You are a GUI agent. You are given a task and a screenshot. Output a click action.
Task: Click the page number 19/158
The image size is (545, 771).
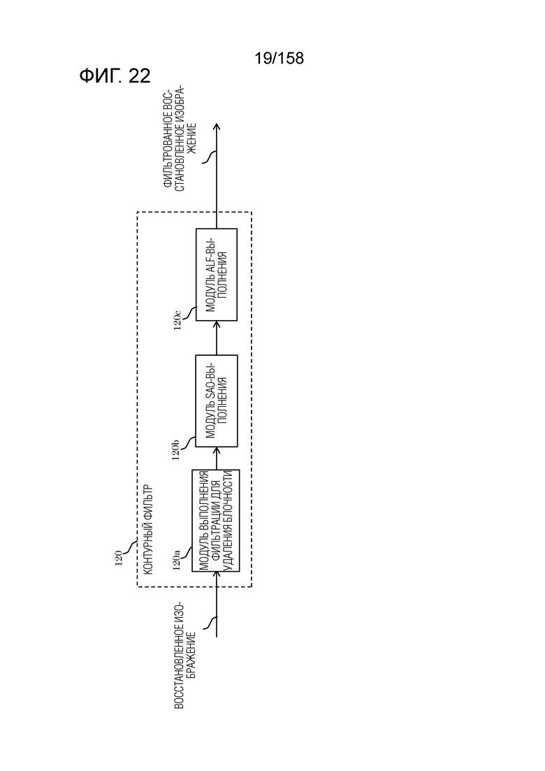click(x=279, y=59)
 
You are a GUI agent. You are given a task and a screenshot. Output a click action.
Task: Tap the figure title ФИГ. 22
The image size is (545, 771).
click(x=115, y=76)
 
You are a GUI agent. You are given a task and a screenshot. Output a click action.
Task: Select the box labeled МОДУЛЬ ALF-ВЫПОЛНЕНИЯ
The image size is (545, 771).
click(x=216, y=275)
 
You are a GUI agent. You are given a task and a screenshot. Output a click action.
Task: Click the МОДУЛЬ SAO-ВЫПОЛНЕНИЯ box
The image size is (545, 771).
click(x=216, y=401)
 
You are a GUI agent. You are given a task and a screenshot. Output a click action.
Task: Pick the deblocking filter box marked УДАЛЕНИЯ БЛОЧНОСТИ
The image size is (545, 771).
click(x=216, y=521)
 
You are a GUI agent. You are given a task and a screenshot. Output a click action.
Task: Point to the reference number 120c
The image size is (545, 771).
click(x=178, y=319)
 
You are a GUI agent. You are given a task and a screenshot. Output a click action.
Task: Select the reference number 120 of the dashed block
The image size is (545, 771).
click(x=119, y=559)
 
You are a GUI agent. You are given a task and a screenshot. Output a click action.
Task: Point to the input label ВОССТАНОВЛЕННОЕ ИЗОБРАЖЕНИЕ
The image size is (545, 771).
click(x=185, y=655)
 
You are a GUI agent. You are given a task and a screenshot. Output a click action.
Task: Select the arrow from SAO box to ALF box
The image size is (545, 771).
click(x=216, y=338)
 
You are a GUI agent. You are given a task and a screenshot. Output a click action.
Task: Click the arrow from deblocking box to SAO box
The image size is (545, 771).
click(x=216, y=459)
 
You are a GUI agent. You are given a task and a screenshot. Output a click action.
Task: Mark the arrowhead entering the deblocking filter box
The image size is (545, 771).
click(x=216, y=576)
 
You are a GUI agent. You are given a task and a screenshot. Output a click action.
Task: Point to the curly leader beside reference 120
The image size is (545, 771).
click(x=131, y=548)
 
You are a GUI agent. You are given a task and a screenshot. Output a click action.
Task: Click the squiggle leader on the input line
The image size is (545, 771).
click(x=210, y=623)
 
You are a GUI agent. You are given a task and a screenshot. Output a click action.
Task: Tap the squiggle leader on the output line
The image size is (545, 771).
click(x=210, y=157)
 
